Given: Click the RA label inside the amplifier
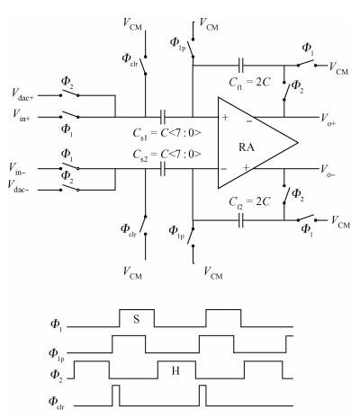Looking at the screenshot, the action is point(247,147).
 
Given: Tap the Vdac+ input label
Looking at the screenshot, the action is point(22,94).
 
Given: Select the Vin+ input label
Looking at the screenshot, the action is point(22,115).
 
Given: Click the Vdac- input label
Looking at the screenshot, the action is point(18,186).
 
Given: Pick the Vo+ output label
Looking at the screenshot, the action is point(328,119).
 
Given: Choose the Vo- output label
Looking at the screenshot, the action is point(328,171).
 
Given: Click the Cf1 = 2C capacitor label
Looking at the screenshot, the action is point(249,83).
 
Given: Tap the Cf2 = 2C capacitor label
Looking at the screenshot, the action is point(249,202).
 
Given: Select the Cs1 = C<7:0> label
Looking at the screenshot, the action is point(166,134).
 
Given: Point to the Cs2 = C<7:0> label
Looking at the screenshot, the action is point(166,156).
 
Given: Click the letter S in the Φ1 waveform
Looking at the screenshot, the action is point(137,319).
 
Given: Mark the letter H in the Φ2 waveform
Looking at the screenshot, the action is point(175,371).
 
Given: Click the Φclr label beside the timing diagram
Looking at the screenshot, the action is point(57,402).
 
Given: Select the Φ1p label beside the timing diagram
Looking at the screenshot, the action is point(57,354).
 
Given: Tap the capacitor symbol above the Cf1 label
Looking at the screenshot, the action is point(241,66).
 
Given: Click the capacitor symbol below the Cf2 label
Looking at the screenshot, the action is point(241,220).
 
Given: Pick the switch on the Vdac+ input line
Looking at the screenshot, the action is point(69,93).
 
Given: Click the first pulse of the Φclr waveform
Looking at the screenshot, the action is point(116,396).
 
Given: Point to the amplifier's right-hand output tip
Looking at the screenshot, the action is point(298,143).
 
